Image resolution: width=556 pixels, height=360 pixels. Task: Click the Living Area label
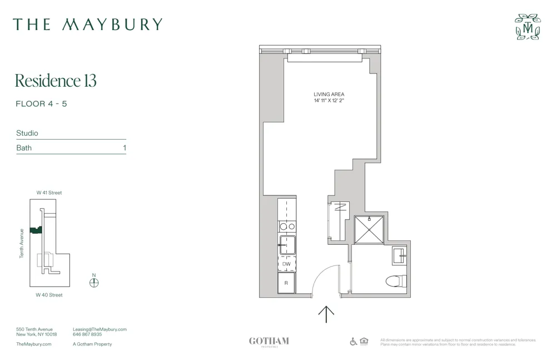(329, 95)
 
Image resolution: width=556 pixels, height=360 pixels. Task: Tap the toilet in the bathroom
(395, 280)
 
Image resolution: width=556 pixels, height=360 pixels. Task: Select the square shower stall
(369, 230)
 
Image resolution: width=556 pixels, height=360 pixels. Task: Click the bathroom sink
(400, 255)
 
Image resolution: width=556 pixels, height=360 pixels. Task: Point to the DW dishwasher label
(286, 264)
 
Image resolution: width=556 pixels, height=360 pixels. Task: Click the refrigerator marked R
(286, 283)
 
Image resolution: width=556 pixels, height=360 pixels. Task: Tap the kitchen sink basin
(287, 244)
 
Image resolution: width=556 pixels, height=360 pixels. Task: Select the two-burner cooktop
(287, 226)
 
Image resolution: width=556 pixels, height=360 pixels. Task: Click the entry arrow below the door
(326, 314)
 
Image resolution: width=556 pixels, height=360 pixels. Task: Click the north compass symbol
(94, 282)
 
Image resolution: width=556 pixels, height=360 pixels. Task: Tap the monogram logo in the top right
(528, 27)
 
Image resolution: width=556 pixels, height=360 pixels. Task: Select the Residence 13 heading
(56, 81)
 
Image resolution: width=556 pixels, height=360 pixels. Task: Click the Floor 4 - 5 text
(41, 104)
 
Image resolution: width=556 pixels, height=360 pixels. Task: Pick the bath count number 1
(125, 148)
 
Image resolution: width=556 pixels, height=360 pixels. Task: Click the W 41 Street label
(49, 193)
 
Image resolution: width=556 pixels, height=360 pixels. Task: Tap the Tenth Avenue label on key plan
(22, 243)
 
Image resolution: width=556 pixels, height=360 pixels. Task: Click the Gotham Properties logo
(269, 342)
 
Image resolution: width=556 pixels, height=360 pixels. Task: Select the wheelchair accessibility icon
(353, 342)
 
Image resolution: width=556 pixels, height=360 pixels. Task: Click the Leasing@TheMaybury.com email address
(100, 329)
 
